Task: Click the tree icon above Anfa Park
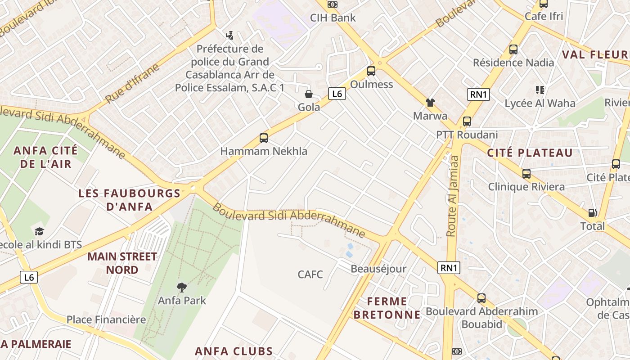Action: (182, 287)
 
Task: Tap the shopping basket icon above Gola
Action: (309, 94)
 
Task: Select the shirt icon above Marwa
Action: (430, 103)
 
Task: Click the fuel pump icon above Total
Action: (593, 213)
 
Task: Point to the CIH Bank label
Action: (333, 18)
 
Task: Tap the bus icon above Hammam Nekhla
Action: (264, 138)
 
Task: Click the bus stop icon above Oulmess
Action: (371, 71)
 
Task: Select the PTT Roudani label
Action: (467, 135)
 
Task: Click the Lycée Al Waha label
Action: (540, 103)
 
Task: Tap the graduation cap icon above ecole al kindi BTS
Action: (40, 231)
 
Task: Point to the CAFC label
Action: (310, 274)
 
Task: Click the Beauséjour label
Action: (378, 269)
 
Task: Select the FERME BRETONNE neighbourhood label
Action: (387, 308)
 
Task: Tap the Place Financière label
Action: (106, 320)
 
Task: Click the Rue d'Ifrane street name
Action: (132, 84)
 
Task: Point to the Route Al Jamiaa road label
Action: (452, 196)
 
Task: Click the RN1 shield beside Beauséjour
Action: (449, 268)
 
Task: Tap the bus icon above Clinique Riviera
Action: (526, 173)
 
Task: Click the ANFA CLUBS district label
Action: (234, 351)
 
